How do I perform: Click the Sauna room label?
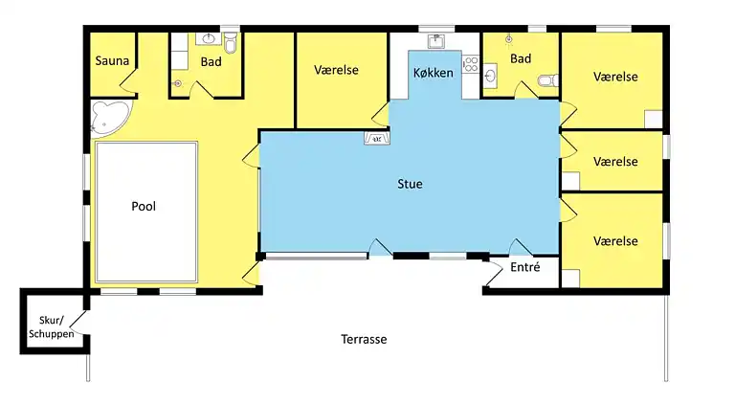point(112,61)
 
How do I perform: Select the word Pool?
point(144,206)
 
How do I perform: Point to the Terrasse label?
point(364,340)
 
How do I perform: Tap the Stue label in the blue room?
point(411,184)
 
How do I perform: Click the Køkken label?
point(433,73)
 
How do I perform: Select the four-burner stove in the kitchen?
point(470,66)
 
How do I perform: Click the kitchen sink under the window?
point(435,41)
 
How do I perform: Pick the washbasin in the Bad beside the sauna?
point(209,40)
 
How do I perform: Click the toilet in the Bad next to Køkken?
point(546,83)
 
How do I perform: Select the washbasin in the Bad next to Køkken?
point(490,74)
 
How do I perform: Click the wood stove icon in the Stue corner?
point(376,139)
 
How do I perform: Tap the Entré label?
point(524,268)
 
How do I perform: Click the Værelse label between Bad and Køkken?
point(336,70)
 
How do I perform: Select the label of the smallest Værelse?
point(614,162)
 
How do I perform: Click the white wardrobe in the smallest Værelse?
point(570,179)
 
